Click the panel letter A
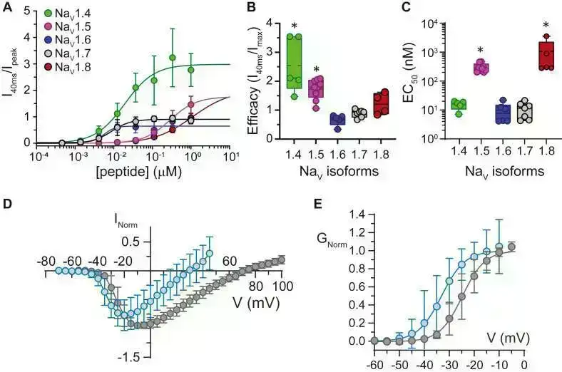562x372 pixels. click(6, 8)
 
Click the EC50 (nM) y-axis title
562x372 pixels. click(416, 80)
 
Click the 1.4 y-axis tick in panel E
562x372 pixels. click(357, 214)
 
